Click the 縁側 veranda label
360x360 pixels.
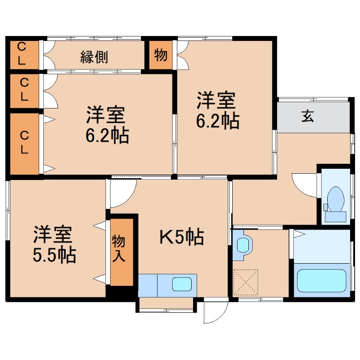(94, 57)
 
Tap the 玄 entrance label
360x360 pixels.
(307, 116)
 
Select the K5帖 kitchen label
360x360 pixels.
(182, 237)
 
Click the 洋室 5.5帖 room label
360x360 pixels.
(54, 244)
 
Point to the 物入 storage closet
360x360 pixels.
(122, 252)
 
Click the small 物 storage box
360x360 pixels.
(161, 55)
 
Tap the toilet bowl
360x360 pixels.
(336, 199)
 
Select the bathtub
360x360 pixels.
(322, 280)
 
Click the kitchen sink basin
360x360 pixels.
(182, 284)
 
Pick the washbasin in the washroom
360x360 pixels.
(243, 245)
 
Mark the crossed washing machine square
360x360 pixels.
(246, 282)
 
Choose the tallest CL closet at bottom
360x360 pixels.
(24, 144)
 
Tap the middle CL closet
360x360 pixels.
(24, 90)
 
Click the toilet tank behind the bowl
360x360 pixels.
(336, 216)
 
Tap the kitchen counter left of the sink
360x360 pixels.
(148, 285)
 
